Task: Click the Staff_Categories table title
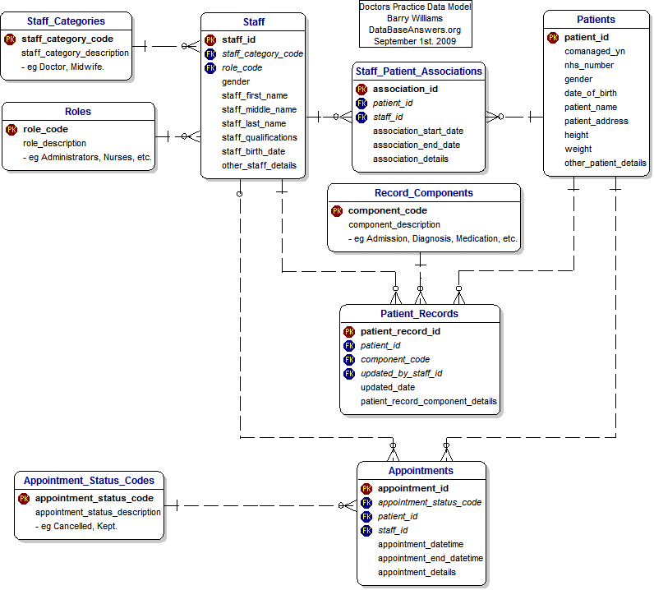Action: pos(66,20)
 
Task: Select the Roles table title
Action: pos(78,111)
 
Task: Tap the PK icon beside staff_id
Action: pos(210,39)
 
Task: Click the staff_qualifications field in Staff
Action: pos(259,137)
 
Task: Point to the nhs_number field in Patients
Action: pos(588,65)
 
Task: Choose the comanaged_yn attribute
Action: pos(593,51)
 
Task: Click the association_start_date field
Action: pos(417,131)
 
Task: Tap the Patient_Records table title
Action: pos(419,313)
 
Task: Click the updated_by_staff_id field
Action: pos(401,373)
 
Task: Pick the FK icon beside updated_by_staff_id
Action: pos(349,373)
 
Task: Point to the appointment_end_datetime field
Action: pos(430,558)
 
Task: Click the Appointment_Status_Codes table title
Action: pos(89,481)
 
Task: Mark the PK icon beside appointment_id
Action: pos(366,488)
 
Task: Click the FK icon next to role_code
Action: pos(210,67)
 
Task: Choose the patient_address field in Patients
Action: pos(596,121)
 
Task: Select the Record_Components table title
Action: pos(423,193)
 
